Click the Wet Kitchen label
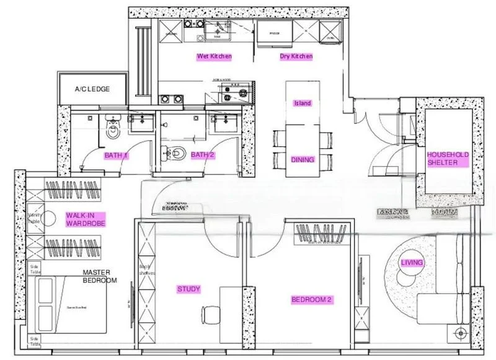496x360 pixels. [214, 56]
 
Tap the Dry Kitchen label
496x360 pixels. [296, 56]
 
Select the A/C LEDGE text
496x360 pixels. [92, 89]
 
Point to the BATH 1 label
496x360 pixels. [116, 155]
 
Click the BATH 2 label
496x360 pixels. [202, 155]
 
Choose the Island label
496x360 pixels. [302, 103]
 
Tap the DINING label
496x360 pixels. [303, 159]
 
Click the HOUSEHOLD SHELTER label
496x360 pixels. [448, 159]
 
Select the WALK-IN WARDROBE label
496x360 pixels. [85, 219]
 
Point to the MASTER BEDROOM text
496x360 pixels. [100, 276]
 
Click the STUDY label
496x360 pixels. [188, 289]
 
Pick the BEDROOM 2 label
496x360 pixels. [312, 300]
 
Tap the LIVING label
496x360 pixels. [412, 263]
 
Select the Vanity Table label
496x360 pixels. [33, 218]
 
